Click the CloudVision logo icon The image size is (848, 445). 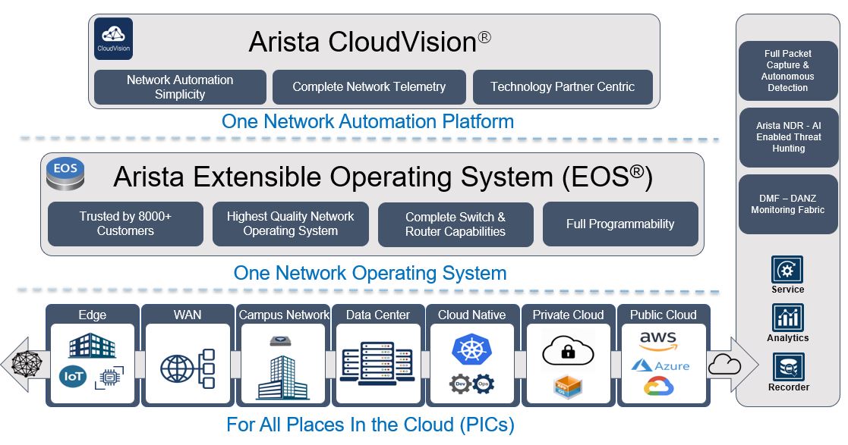(113, 39)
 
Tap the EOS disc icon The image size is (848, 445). (65, 174)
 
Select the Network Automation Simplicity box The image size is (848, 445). (180, 87)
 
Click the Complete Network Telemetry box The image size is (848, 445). (369, 87)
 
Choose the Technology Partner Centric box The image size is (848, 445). (563, 87)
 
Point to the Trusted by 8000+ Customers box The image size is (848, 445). (125, 224)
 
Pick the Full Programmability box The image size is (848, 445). (620, 224)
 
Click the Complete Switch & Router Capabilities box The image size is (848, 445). (456, 224)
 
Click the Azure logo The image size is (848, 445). (660, 365)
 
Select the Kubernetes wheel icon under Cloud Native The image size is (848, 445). (471, 349)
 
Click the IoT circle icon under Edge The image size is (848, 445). (74, 376)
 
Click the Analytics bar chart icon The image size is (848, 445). (787, 318)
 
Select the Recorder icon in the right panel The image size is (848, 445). (787, 368)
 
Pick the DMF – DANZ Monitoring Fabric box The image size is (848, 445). (787, 205)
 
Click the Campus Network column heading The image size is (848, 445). (284, 315)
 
